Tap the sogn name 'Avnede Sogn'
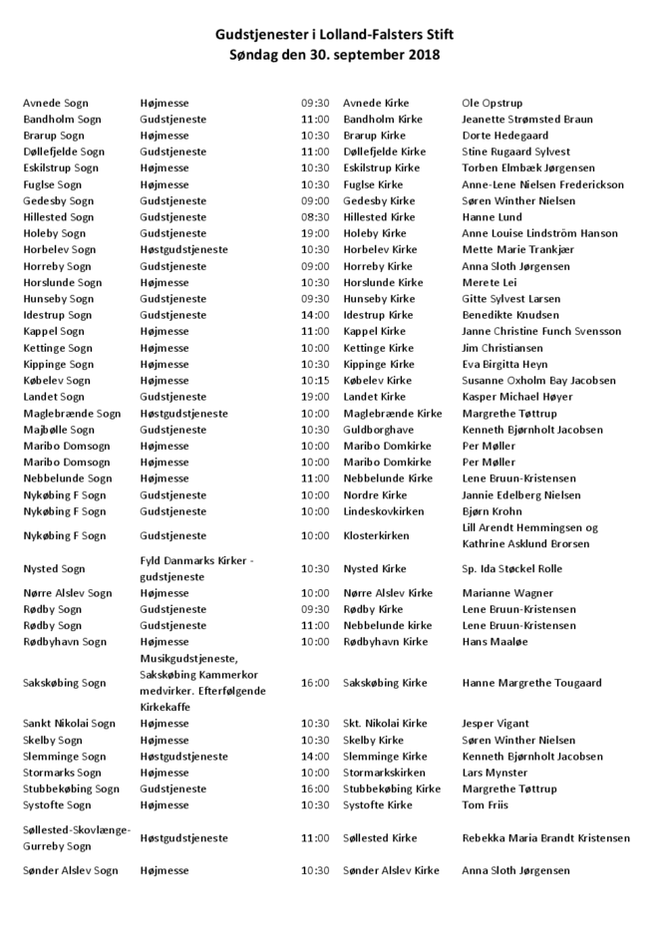coord(56,103)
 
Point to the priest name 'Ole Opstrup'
coord(493,103)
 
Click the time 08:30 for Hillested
coord(315,217)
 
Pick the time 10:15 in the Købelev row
coord(315,381)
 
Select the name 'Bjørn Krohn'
coord(493,511)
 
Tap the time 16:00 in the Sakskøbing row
coord(315,683)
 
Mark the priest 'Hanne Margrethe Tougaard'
coord(532,683)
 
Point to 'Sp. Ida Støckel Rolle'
coord(512,568)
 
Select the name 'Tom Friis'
coord(486,804)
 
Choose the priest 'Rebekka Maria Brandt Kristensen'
coord(546,838)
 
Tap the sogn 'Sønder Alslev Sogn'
coord(71,870)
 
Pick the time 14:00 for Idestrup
coord(315,315)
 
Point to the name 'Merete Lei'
coord(490,282)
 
